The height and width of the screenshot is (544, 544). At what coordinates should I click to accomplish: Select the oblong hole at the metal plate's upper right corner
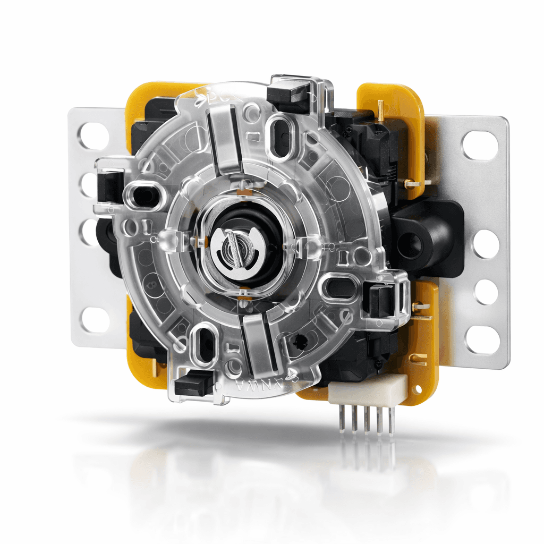pyautogui.click(x=480, y=145)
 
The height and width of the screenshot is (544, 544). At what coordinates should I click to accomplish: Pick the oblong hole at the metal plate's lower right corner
pyautogui.click(x=482, y=339)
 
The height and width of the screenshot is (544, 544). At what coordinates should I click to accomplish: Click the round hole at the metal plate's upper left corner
pyautogui.click(x=93, y=135)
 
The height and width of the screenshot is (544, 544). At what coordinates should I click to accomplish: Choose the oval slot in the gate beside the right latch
pyautogui.click(x=341, y=287)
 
